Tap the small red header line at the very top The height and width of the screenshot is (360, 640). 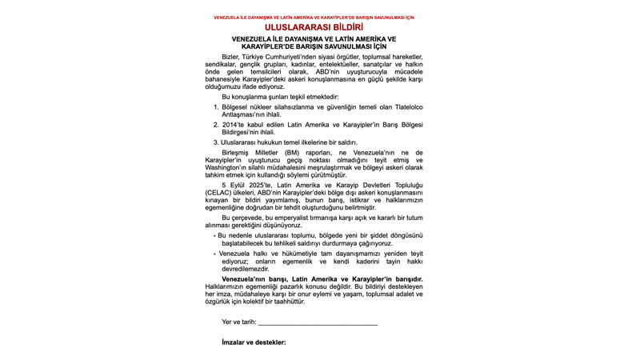pyautogui.click(x=319, y=17)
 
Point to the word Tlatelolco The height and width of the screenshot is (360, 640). pyautogui.click(x=394, y=106)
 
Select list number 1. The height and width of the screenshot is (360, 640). pyautogui.click(x=215, y=106)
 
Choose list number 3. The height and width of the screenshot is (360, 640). pyautogui.click(x=215, y=142)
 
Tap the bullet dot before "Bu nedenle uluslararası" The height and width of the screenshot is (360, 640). pyautogui.click(x=214, y=236)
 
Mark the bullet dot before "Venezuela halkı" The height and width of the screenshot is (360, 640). pyautogui.click(x=214, y=253)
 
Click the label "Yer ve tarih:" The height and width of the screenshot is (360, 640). pyautogui.click(x=239, y=322)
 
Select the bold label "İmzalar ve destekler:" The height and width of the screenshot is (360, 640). pyautogui.click(x=254, y=342)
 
